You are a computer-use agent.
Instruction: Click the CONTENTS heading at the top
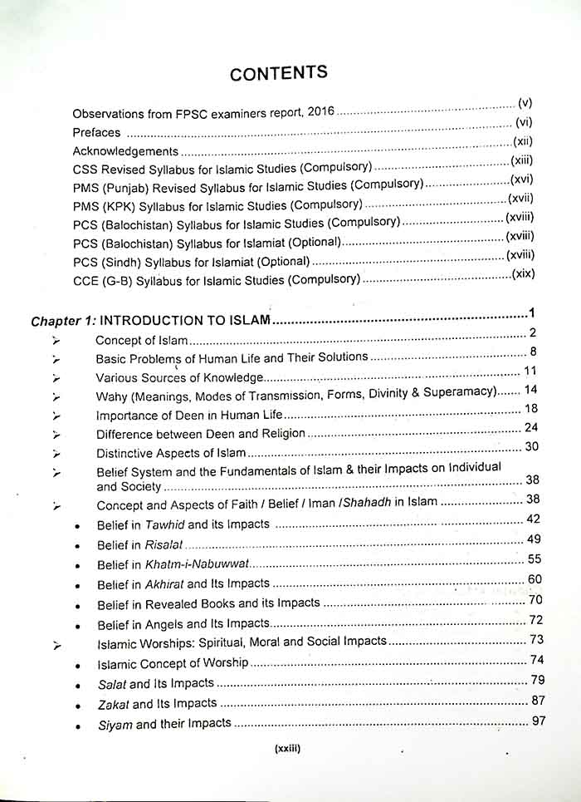[279, 72]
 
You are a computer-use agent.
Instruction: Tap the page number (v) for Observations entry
[525, 104]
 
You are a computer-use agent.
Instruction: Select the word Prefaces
[96, 132]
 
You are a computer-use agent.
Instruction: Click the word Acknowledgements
[125, 151]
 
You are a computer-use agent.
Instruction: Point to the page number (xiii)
[522, 160]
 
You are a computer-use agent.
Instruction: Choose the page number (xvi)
[521, 180]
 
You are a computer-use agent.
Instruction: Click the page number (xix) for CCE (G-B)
[523, 273]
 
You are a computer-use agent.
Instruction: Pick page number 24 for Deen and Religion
[533, 427]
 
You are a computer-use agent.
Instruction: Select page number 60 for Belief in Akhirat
[535, 579]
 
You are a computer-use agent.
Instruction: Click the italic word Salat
[111, 684]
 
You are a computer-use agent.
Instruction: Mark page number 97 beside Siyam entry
[539, 720]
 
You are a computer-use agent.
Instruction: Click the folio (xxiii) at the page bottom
[286, 748]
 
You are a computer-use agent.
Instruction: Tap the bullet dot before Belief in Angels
[77, 625]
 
